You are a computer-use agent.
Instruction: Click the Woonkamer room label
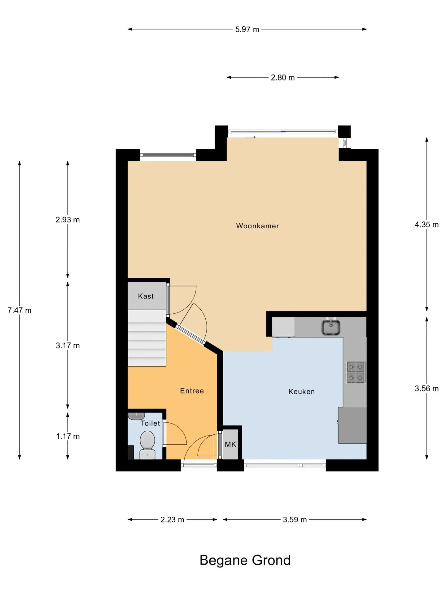pos(257,226)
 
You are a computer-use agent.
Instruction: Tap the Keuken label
pos(301,392)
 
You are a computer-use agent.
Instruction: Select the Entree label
pos(192,391)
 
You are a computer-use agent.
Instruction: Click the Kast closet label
pos(146,296)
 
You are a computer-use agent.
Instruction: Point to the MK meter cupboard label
pos(230,444)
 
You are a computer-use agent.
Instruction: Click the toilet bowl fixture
pos(147,445)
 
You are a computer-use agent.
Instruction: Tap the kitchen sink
pos(331,327)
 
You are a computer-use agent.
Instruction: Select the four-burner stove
pos(356,372)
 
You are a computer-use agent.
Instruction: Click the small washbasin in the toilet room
pos(136,416)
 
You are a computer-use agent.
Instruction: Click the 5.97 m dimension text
pos(247,29)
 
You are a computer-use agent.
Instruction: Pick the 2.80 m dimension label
pos(283,77)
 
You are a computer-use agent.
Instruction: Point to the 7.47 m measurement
pos(20,310)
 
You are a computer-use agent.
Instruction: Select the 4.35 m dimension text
pos(427,225)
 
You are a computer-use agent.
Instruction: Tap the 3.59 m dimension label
pos(295,519)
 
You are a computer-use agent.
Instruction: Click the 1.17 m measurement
pos(68,436)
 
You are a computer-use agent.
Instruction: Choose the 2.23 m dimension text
pos(172,519)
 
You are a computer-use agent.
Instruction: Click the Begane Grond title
pos(245,560)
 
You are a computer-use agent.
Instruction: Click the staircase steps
pos(147,338)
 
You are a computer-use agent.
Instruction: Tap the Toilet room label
pos(150,423)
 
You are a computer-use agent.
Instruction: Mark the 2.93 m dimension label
pos(68,220)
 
